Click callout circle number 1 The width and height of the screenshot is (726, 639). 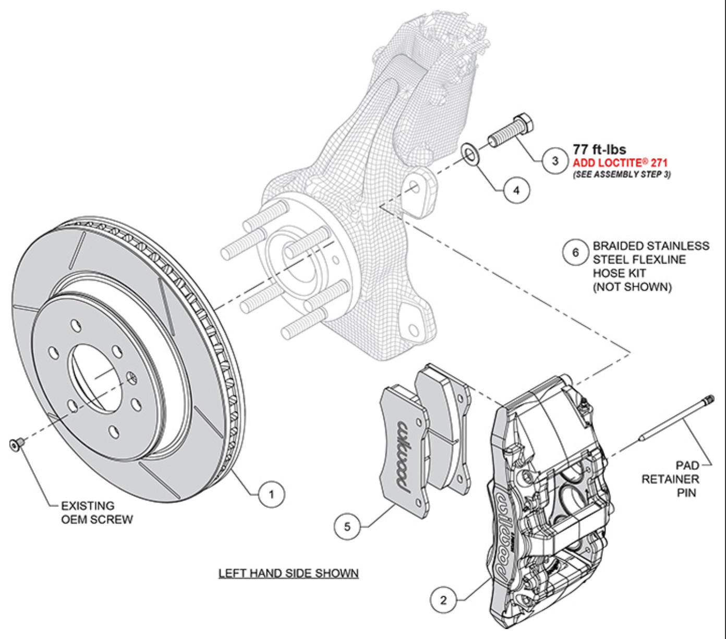271,494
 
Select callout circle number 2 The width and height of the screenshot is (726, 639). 443,600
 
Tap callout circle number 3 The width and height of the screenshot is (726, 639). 555,161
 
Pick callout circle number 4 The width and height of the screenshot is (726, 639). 516,190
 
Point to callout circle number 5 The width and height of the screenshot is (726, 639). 347,526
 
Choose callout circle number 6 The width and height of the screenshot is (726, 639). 576,253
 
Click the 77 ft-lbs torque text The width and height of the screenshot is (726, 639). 599,149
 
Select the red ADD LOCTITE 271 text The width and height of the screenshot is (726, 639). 620,163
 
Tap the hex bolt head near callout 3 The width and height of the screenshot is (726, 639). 523,123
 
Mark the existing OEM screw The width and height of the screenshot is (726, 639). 15,444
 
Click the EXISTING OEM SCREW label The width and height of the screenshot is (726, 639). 97,513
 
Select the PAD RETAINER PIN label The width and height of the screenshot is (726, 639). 671,479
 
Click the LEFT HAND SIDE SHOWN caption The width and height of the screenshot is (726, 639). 288,573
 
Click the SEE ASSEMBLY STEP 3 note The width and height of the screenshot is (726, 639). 622,174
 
